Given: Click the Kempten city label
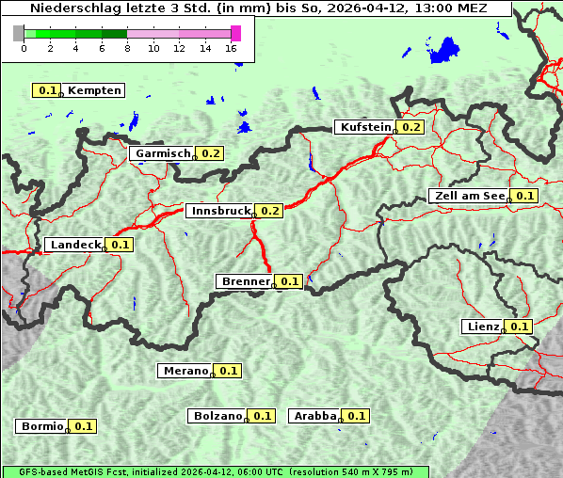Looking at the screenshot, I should click(x=94, y=90).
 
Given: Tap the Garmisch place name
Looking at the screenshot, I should click(x=163, y=153).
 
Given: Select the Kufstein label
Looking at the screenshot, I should click(x=365, y=127).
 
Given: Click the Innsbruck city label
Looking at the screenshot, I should click(x=221, y=211).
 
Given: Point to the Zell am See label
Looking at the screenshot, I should click(x=468, y=196).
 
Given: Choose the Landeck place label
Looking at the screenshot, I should click(x=75, y=245).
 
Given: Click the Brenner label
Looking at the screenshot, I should click(x=245, y=281).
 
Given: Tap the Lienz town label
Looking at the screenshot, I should click(x=483, y=327).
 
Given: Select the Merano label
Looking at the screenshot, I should click(x=185, y=371).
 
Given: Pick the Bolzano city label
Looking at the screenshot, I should click(x=217, y=416).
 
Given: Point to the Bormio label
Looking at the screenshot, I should click(x=40, y=426).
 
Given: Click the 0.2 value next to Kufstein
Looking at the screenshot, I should click(x=411, y=127).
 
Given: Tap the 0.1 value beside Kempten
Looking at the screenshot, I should click(x=47, y=90).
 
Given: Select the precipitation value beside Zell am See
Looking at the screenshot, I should click(x=524, y=196).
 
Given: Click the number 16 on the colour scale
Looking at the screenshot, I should click(x=232, y=49).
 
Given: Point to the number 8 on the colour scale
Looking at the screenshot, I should click(x=127, y=49).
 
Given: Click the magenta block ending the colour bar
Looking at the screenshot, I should click(x=235, y=34).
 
